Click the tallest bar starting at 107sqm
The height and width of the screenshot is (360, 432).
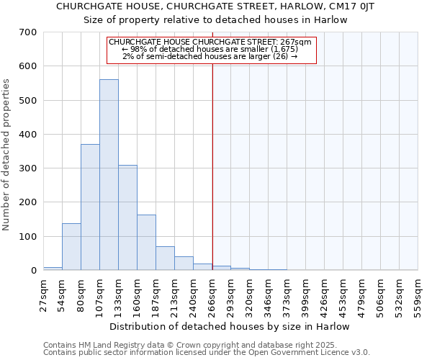pos(109,175)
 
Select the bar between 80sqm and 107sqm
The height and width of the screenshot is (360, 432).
pos(90,207)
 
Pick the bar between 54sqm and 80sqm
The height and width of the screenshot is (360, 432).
pos(71,247)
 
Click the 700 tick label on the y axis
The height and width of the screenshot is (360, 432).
pos(28,32)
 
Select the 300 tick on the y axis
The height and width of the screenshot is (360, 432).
pos(28,168)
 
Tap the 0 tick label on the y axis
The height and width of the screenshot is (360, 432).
pos(33,271)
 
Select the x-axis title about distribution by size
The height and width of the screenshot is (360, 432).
pos(230,326)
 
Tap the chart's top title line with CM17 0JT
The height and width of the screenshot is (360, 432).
pos(215,6)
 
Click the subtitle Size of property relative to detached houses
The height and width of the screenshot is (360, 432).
pos(215,20)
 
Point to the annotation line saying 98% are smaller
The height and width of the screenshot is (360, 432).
pos(210,49)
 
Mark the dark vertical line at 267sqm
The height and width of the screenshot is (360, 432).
pos(212,166)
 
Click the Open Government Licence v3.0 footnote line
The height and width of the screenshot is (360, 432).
pos(207,352)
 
